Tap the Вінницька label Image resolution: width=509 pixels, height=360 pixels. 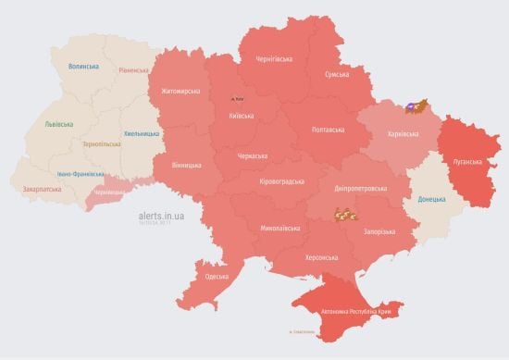click(186, 165)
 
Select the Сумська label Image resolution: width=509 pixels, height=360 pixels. click(337, 74)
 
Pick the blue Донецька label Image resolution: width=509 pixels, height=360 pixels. click(431, 199)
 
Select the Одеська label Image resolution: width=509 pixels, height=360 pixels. click(217, 277)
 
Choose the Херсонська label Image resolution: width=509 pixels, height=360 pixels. click(322, 256)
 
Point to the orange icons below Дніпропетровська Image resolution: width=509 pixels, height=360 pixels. click(345, 216)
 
